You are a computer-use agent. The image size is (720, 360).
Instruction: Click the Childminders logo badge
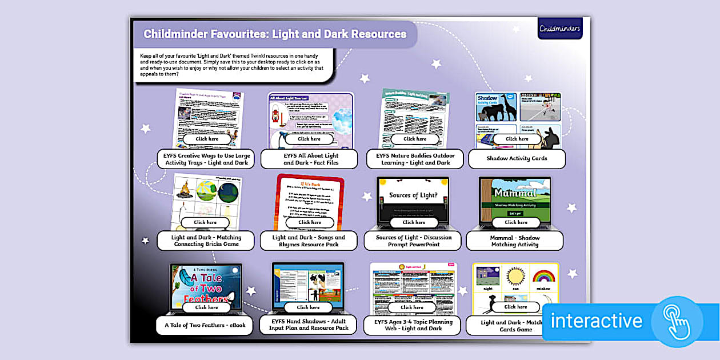click(559, 28)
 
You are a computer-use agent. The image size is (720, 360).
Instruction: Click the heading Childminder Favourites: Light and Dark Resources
click(275, 34)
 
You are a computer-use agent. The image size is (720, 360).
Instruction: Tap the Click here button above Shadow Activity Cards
click(517, 139)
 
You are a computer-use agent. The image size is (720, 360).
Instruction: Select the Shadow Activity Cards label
click(517, 159)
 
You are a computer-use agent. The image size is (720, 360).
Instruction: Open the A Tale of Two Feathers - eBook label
click(205, 326)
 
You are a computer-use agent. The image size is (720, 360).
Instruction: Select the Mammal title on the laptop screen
click(515, 192)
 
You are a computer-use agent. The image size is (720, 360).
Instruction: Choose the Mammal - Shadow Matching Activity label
click(515, 241)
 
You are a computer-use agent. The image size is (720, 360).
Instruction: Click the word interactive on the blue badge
click(597, 321)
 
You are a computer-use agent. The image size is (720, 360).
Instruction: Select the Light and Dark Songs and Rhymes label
click(309, 241)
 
